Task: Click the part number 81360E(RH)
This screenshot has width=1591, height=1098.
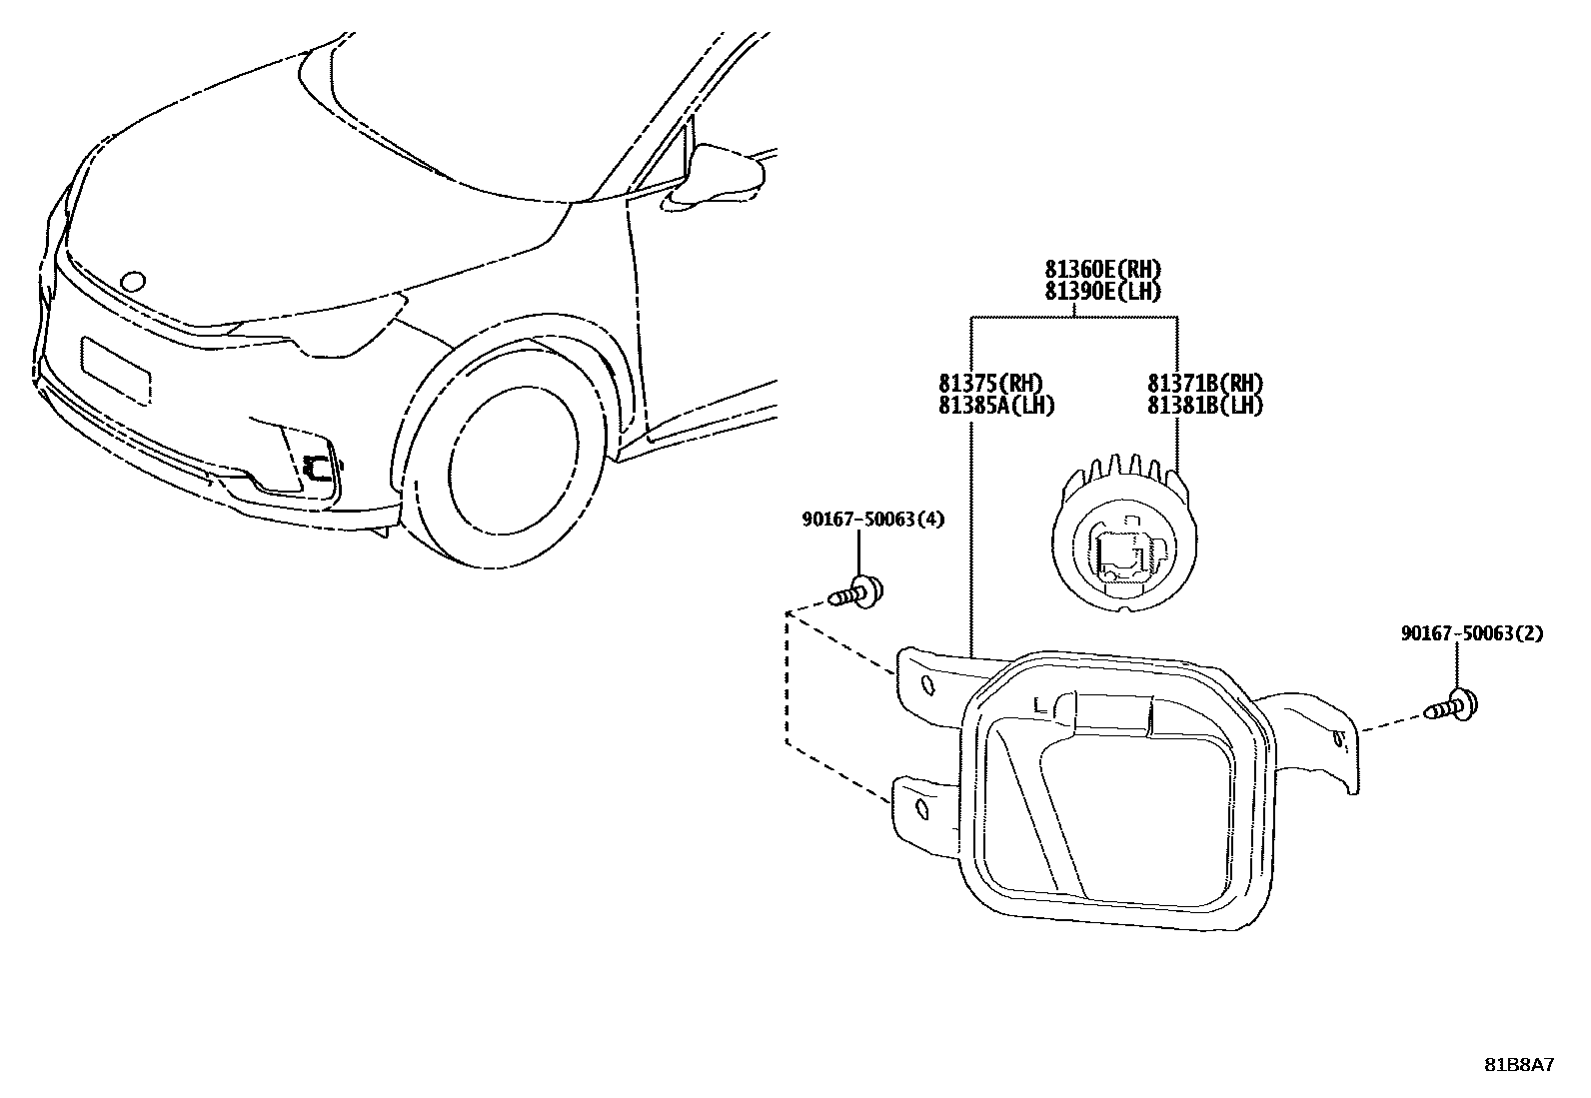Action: pyautogui.click(x=1103, y=270)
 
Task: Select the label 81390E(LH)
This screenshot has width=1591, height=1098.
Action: pyautogui.click(x=1103, y=291)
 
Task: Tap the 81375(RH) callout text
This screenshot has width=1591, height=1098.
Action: pyautogui.click(x=990, y=384)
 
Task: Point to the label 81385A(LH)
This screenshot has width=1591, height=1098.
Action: pyautogui.click(x=996, y=405)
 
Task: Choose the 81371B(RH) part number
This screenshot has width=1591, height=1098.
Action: pyautogui.click(x=1205, y=384)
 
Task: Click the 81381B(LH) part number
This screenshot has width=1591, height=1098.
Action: pyautogui.click(x=1205, y=405)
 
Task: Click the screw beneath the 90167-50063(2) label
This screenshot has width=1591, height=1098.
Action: pyautogui.click(x=1455, y=706)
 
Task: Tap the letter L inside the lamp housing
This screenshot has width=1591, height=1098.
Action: pyautogui.click(x=1040, y=705)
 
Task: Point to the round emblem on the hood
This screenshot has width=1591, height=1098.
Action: pyautogui.click(x=131, y=282)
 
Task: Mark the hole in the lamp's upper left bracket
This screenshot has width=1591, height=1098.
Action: pyautogui.click(x=925, y=684)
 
